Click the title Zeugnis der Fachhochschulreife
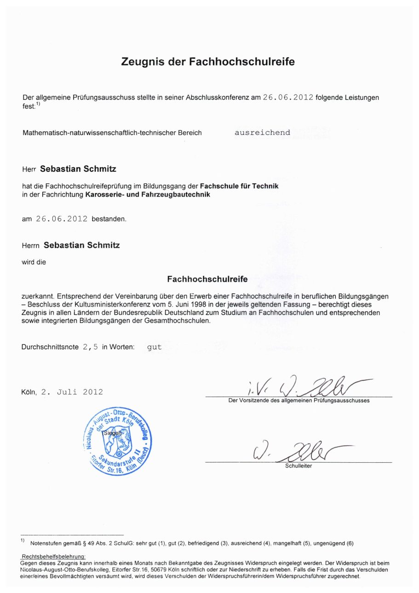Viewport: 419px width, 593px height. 207,61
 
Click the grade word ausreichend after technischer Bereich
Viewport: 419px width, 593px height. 262,133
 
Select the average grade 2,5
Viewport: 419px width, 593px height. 90,347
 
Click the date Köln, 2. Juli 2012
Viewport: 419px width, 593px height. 62,392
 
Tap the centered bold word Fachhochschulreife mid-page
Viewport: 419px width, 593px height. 207,279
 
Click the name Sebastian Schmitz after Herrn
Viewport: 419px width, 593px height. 81,245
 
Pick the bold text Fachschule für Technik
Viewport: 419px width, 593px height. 239,186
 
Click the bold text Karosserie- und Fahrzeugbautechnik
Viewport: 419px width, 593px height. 148,195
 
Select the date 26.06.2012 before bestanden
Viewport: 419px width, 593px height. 62,219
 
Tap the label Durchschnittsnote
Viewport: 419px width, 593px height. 50,347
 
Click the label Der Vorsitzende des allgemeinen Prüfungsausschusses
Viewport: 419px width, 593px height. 299,401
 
